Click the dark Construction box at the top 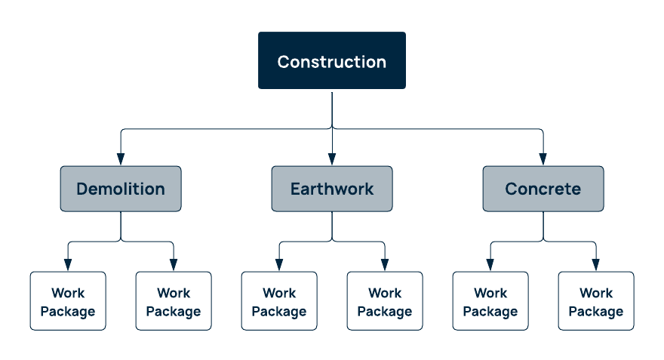click(332, 60)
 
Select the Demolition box click(121, 189)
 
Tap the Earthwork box click(332, 189)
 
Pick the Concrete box click(543, 189)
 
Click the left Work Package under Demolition click(68, 301)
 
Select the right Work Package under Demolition click(174, 301)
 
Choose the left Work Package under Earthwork click(279, 301)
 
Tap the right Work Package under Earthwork click(385, 301)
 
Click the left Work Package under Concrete click(490, 301)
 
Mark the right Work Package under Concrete click(596, 301)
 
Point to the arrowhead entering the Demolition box click(121, 160)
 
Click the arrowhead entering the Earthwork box click(332, 160)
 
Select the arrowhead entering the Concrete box click(543, 160)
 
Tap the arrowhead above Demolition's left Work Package click(68, 265)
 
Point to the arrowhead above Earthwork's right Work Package click(385, 265)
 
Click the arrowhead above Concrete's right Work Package click(596, 265)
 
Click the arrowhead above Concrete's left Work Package click(490, 265)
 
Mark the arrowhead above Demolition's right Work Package click(174, 265)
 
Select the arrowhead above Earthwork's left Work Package click(279, 265)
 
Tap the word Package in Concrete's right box click(596, 312)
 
